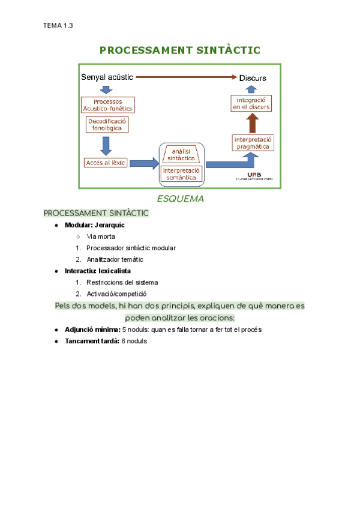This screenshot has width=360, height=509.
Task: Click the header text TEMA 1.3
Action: click(58, 25)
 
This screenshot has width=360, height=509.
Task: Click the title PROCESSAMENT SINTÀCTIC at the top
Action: click(179, 50)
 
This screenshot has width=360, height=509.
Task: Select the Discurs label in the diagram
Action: click(253, 78)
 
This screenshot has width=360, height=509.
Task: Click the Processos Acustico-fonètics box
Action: click(108, 105)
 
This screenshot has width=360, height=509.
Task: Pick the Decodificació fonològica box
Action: click(108, 124)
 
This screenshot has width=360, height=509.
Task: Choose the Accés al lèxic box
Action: click(106, 163)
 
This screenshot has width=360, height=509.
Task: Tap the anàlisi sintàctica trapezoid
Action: click(181, 155)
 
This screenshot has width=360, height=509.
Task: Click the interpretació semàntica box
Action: click(181, 174)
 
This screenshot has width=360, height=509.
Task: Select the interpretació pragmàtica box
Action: click(253, 142)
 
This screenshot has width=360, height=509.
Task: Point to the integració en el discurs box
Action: click(252, 103)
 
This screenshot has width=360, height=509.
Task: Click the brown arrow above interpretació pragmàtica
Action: click(253, 123)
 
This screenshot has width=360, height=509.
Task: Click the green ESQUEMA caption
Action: click(180, 199)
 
